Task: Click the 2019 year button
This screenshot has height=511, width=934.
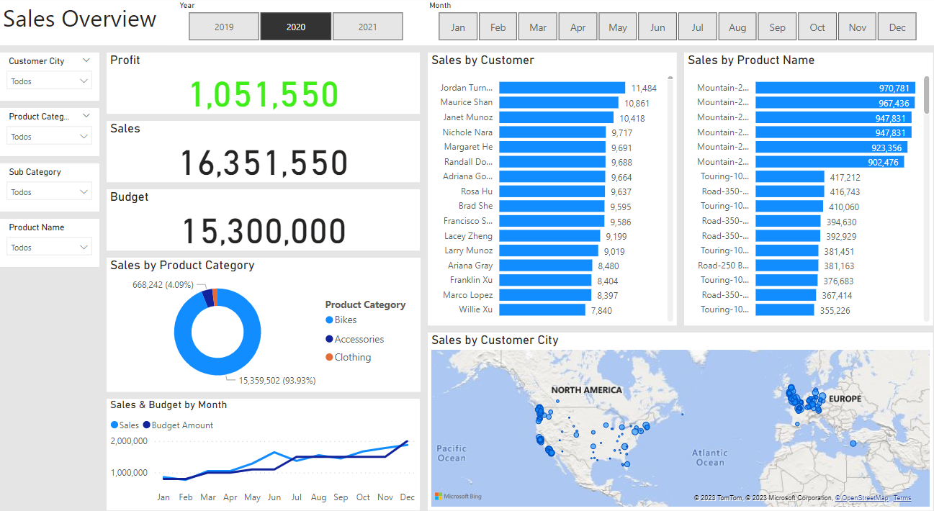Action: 224,27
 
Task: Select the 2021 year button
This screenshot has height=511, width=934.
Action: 367,27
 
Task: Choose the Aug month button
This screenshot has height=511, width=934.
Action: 737,27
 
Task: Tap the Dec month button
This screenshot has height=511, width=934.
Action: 897,27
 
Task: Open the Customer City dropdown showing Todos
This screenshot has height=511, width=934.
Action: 50,81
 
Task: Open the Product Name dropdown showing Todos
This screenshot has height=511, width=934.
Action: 50,248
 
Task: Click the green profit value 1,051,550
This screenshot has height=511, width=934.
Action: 264,95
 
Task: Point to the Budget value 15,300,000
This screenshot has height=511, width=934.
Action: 264,232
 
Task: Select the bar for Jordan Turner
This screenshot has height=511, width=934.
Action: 562,88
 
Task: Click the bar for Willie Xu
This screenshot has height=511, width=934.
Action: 542,309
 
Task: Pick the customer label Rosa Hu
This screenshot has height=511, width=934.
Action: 477,191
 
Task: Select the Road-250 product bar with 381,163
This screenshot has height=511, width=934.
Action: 786,266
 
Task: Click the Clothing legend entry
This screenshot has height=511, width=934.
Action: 352,357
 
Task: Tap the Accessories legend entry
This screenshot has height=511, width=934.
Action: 359,339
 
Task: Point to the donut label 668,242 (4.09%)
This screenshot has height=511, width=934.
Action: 163,284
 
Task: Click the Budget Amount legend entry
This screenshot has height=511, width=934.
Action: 182,425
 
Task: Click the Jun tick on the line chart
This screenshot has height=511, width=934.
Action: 274,497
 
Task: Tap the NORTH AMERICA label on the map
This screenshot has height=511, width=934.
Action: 586,390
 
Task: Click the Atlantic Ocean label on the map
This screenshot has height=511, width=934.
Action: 709,457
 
